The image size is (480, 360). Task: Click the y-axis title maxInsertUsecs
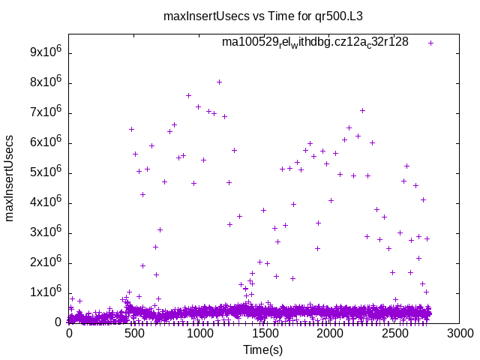coord(10,178)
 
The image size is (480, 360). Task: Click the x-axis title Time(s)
coord(263,349)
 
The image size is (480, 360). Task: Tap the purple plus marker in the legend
coord(431,43)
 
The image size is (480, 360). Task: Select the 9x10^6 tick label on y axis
coord(46,53)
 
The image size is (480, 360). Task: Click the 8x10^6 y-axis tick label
coord(46,83)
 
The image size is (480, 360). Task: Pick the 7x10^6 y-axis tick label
coord(46,113)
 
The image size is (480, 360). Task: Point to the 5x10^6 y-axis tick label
coord(46,173)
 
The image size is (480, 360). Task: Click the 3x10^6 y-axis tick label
coord(46,233)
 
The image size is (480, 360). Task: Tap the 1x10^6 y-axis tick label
coord(46,293)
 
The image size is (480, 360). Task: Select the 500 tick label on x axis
coord(134,333)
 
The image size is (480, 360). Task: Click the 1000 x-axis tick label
coord(199,333)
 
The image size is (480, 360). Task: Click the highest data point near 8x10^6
coord(219,82)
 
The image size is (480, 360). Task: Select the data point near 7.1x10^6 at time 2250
coord(362,110)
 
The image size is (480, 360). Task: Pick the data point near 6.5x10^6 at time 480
coord(131,129)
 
